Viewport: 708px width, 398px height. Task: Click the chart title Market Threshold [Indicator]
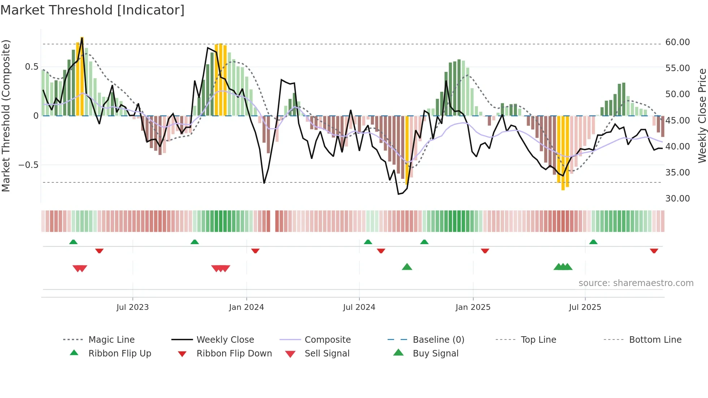[92, 10]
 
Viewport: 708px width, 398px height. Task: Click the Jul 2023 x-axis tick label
[133, 307]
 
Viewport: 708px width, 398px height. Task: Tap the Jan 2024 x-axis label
[246, 307]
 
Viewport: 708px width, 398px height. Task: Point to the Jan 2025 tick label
[473, 307]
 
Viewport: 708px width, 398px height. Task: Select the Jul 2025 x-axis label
[585, 307]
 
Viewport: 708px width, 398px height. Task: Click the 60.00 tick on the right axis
[677, 42]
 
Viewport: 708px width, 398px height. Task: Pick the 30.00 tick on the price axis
[677, 198]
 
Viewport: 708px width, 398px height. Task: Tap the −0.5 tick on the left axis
[28, 165]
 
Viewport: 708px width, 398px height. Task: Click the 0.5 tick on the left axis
[31, 67]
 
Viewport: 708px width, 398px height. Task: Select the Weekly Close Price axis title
[701, 116]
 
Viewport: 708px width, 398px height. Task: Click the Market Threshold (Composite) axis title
[6, 116]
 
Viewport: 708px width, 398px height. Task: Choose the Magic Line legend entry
[111, 339]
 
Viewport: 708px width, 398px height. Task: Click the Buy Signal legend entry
[435, 353]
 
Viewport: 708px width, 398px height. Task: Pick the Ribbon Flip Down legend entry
[234, 353]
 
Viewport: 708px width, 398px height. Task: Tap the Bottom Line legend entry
[655, 339]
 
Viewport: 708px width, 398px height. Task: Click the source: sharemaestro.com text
[636, 283]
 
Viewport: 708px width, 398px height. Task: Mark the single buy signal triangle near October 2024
[407, 267]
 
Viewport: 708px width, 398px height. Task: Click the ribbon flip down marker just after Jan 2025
[485, 251]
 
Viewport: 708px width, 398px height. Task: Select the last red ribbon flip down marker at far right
[654, 251]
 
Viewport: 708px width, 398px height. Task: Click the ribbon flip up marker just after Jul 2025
[593, 242]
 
